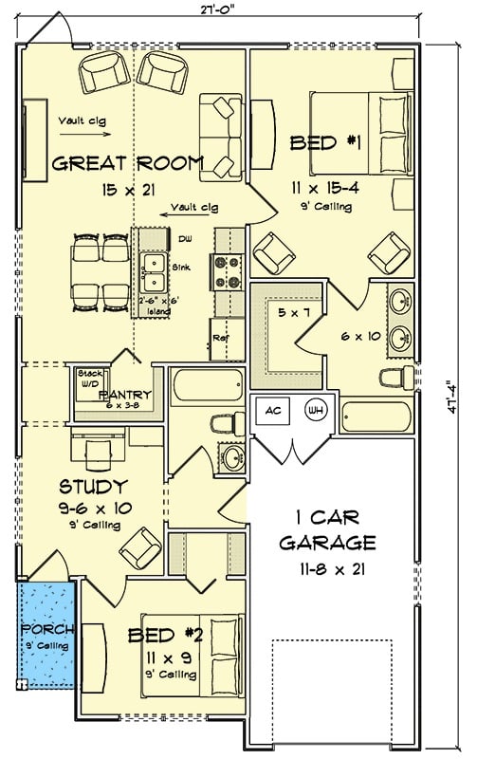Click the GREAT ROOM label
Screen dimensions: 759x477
coord(126,163)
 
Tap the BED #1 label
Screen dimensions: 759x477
coord(312,143)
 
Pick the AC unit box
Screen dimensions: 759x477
coord(271,412)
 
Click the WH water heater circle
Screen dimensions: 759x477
coord(314,412)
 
